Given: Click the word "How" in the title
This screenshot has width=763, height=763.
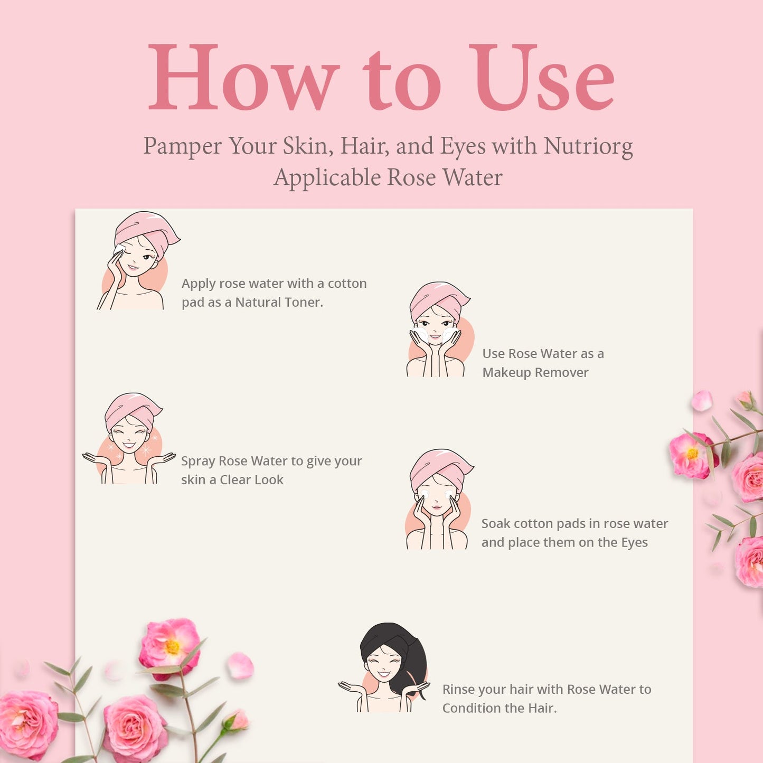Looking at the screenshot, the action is (x=243, y=77).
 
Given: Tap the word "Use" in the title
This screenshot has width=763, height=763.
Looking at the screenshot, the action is (x=542, y=77).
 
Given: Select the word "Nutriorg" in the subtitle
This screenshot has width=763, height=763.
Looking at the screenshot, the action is (x=588, y=147).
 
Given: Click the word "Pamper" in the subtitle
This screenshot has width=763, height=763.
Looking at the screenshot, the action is (x=183, y=147).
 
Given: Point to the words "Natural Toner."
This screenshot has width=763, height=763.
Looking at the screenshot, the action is (x=279, y=303).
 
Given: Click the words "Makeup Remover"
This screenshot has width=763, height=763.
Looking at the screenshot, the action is (x=535, y=373).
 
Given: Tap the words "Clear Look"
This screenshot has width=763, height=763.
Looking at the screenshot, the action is (x=251, y=480).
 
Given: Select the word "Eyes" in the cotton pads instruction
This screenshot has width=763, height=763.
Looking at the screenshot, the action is (x=634, y=542).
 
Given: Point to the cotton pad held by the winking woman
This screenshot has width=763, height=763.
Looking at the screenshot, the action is (x=119, y=249).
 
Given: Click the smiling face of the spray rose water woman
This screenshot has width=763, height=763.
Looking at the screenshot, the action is (x=129, y=437).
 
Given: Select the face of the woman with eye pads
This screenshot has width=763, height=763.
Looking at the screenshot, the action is (x=436, y=496).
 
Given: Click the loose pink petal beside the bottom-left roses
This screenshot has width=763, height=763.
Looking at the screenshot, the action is (x=240, y=666).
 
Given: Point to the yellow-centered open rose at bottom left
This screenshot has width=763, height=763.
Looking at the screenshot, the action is (x=169, y=646).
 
